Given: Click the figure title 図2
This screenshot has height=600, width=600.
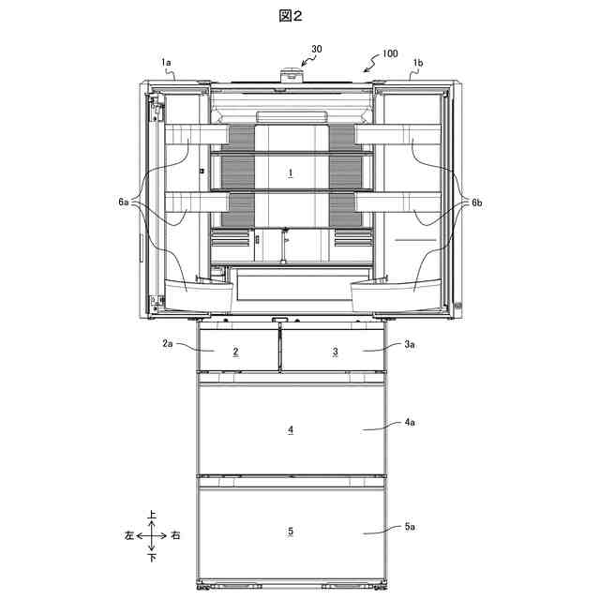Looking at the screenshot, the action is click(x=291, y=16).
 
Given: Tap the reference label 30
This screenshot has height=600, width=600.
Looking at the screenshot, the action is click(x=317, y=49).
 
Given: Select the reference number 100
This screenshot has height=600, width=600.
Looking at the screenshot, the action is click(x=390, y=53).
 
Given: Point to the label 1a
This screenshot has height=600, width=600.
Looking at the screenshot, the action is click(x=166, y=63).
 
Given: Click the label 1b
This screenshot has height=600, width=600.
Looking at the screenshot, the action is click(x=418, y=63).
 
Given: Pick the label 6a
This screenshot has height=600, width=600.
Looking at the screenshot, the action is click(x=123, y=202).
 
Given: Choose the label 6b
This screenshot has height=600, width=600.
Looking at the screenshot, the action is click(x=477, y=202).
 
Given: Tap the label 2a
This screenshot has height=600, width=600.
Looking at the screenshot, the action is click(x=168, y=343).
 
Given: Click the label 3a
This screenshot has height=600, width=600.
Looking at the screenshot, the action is click(x=410, y=344).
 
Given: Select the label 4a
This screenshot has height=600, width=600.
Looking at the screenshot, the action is click(x=410, y=423).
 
